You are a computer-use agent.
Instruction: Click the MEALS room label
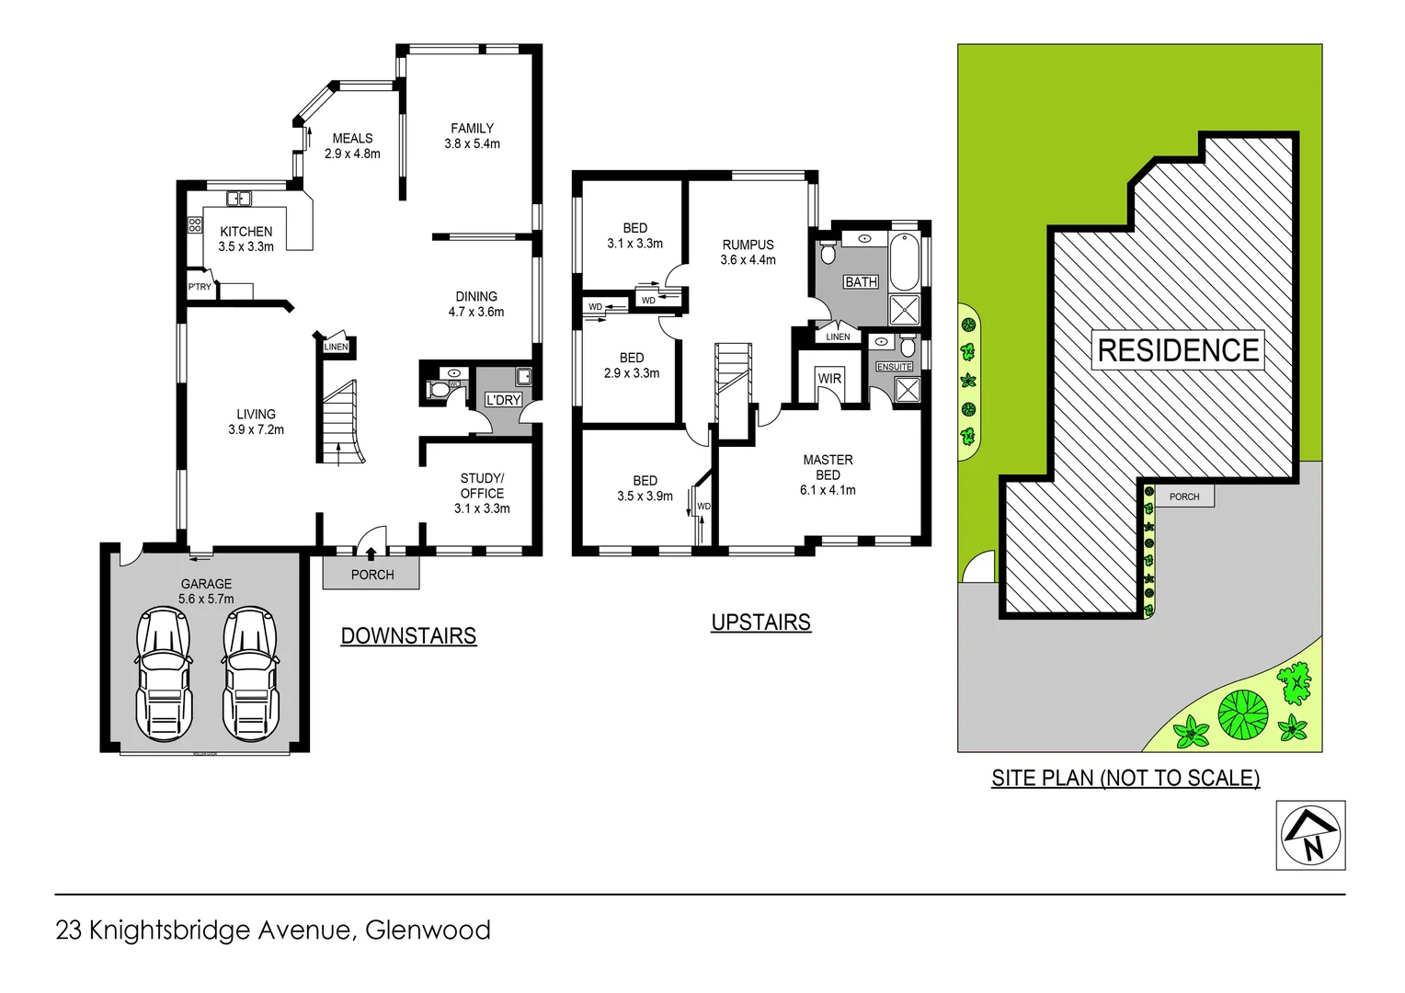[x=352, y=139]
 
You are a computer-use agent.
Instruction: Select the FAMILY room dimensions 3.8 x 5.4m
[x=473, y=144]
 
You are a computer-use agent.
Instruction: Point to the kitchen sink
[x=239, y=198]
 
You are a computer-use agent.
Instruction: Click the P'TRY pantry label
[x=200, y=287]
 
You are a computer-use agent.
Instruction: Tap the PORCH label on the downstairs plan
[x=372, y=575]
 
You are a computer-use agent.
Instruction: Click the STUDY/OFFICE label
[x=483, y=485]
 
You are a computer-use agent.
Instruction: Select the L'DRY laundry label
[x=503, y=400]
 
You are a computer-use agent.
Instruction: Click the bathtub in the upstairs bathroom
[x=904, y=262]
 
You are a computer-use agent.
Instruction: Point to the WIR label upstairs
[x=829, y=379]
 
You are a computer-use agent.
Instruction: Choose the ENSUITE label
[x=895, y=367]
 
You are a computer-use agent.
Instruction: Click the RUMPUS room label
[x=748, y=245]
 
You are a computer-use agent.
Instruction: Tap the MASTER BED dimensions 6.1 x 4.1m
[x=828, y=490]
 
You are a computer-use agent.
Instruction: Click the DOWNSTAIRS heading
[x=408, y=635]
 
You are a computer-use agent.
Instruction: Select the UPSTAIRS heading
[x=761, y=622]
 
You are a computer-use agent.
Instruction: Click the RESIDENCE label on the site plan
[x=1178, y=350]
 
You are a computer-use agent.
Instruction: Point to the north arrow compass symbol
[x=1310, y=835]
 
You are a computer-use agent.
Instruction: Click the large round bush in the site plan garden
[x=1242, y=713]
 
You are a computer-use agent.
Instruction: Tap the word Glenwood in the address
[x=428, y=930]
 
